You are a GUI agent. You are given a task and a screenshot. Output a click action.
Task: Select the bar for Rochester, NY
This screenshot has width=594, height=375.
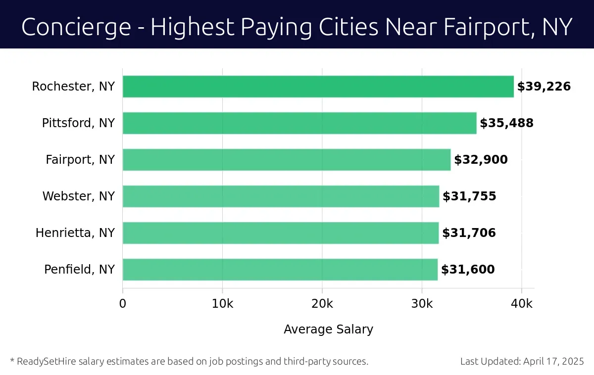pyautogui.click(x=318, y=87)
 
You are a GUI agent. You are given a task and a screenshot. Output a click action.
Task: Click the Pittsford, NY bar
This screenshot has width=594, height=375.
pyautogui.click(x=299, y=123)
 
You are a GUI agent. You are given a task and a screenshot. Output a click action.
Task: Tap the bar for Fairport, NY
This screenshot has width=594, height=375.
pyautogui.click(x=287, y=160)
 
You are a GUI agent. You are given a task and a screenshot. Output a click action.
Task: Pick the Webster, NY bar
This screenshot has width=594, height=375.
pyautogui.click(x=281, y=196)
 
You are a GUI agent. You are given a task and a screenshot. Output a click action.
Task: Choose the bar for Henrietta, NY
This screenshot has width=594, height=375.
pyautogui.click(x=281, y=233)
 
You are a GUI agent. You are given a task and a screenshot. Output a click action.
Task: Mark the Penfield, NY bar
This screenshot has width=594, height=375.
pyautogui.click(x=280, y=270)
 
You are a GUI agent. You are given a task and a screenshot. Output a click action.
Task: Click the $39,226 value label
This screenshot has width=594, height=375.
pyautogui.click(x=544, y=87)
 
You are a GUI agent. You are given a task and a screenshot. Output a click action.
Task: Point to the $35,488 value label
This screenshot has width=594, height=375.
pyautogui.click(x=506, y=123)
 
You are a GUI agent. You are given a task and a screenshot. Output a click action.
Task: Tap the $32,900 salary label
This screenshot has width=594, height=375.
pyautogui.click(x=481, y=160)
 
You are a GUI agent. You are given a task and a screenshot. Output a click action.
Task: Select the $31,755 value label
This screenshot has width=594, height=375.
pyautogui.click(x=469, y=196)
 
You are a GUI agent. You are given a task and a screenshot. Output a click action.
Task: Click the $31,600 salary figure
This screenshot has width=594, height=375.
pyautogui.click(x=468, y=270)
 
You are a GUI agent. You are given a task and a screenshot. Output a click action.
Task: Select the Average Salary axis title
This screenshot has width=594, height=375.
pyautogui.click(x=328, y=329)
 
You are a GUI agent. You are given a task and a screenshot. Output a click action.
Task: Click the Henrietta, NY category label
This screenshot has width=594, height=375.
pyautogui.click(x=75, y=233)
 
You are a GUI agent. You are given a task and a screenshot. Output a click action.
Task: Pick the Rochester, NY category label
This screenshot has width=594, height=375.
pyautogui.click(x=73, y=87)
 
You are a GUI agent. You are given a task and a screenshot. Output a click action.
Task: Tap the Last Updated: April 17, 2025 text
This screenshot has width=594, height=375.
pyautogui.click(x=522, y=361)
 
